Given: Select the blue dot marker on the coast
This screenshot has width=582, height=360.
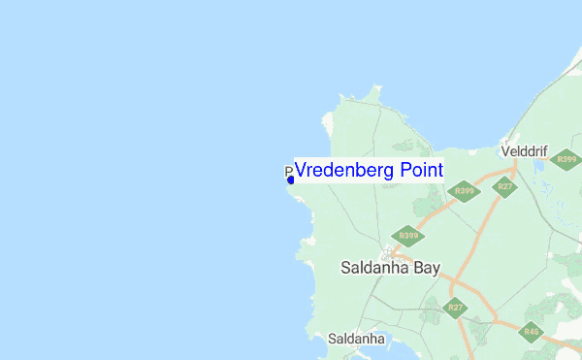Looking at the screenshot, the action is tap(290, 180).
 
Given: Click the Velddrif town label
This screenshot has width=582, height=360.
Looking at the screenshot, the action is tap(524, 151).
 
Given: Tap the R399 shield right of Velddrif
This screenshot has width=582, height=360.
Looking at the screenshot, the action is tap(565, 159).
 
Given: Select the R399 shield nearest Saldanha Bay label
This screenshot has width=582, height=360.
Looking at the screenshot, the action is tap(407, 235).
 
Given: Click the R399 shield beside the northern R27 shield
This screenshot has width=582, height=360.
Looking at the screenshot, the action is tap(464, 191).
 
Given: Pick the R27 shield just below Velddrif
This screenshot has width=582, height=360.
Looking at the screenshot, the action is tap(504, 186).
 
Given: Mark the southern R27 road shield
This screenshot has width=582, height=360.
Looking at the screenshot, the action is tap(454, 308).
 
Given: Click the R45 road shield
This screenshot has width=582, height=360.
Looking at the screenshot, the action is tap(531, 332).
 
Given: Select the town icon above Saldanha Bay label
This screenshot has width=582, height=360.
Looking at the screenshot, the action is tap(387, 252).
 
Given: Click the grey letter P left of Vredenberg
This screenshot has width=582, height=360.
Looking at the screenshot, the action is tap(288, 171).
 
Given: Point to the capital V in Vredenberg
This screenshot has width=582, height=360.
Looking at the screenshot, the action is tap(301, 171).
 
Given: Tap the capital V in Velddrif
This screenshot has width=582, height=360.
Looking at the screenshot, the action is tap(504, 151).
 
